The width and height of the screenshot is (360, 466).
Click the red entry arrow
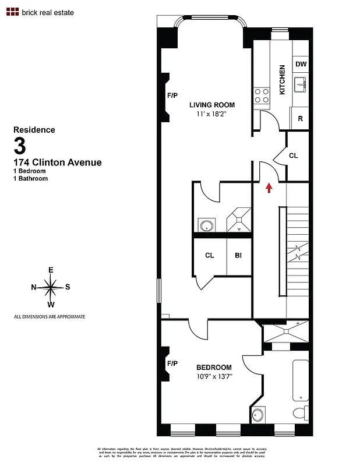point(269,188)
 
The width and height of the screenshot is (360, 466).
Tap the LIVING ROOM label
point(212,105)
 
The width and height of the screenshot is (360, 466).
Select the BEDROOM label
point(214,368)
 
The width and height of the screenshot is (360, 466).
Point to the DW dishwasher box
point(301,64)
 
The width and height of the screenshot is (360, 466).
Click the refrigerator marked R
point(301,118)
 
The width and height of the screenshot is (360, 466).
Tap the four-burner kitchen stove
point(262,95)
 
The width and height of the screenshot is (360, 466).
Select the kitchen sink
point(301,85)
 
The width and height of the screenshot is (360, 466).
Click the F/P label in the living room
point(172,95)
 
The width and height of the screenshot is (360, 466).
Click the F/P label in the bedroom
point(172,363)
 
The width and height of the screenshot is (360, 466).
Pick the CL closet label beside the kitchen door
point(294,156)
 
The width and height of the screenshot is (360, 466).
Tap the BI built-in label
point(238,255)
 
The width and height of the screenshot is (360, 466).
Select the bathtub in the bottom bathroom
point(300,380)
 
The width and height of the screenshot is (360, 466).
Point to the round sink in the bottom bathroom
point(259,415)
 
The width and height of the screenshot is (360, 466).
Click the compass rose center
point(51,287)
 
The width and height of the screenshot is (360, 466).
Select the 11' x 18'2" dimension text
point(211,115)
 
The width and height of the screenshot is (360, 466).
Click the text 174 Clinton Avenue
point(57,163)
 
